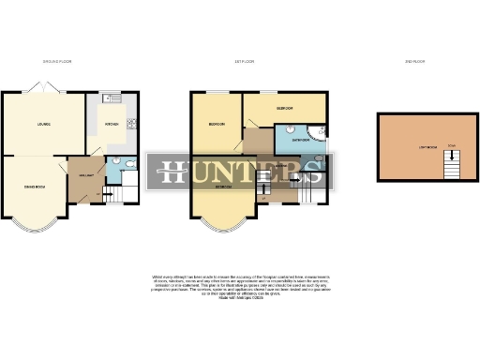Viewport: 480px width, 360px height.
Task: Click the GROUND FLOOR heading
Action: (58, 62)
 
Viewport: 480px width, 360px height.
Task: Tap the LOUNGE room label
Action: (43, 124)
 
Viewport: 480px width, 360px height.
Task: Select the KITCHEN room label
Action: (111, 124)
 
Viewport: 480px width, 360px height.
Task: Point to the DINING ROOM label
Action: (34, 187)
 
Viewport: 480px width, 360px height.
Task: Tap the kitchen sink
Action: (107, 97)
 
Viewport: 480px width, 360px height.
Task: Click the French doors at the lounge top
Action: (42, 87)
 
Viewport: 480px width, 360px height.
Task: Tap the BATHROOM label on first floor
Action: (300, 139)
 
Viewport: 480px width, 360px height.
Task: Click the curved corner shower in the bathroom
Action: (321, 133)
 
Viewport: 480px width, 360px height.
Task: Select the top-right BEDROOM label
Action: (284, 109)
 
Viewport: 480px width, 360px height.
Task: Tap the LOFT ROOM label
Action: (412, 147)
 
